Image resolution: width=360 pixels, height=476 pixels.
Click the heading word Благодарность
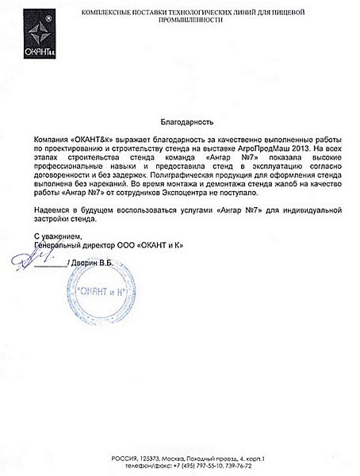click(180, 123)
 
